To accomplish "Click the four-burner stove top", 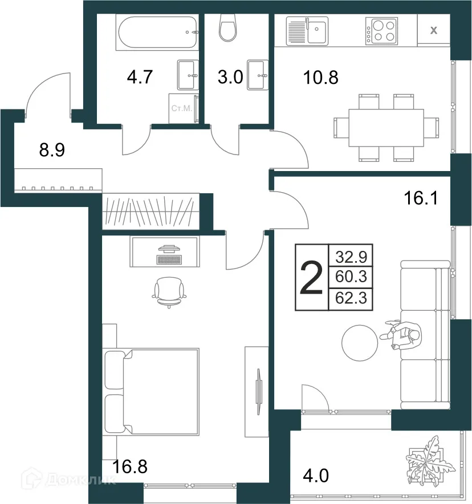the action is pos(381,31).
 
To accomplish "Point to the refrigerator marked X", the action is pos(433,31).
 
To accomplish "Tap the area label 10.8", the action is pos(321,78).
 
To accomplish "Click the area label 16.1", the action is pos(421,198).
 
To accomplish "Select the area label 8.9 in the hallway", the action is pos(52,150).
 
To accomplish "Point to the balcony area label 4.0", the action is pos(316,475).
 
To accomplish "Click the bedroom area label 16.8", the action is pos(130,466).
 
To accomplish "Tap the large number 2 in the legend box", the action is pos(311,278).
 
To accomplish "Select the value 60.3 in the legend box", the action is pos(351,277).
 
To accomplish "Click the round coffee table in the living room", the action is pos(360,343).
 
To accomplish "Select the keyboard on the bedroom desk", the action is pos(169,259).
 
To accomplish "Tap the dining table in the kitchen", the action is pos(386,128).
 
